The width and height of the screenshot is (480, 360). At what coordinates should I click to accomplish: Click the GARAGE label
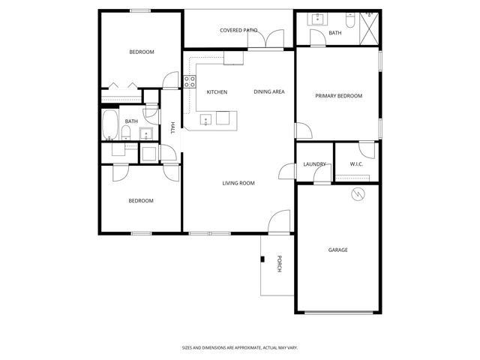click(337, 250)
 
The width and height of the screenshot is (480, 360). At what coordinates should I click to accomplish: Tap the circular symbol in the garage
click(358, 195)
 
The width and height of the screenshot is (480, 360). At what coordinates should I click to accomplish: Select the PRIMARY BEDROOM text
click(338, 96)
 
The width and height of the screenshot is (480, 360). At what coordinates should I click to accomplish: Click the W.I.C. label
click(356, 164)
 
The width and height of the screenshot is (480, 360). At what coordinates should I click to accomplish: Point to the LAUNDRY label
click(313, 164)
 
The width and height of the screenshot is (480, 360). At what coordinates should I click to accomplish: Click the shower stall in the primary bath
click(369, 28)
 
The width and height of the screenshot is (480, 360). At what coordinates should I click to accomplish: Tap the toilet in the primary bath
click(369, 15)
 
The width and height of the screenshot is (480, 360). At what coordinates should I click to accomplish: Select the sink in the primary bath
click(318, 19)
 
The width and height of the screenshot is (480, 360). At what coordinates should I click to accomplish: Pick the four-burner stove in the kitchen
click(190, 82)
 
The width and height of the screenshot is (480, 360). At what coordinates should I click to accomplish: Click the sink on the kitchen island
click(205, 118)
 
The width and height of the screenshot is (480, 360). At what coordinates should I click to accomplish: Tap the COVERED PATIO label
click(238, 31)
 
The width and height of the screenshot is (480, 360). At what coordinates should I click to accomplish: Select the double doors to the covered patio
click(266, 39)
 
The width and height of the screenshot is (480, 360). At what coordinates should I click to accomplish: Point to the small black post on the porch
click(262, 259)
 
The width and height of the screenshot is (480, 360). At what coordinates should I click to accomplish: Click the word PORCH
click(279, 264)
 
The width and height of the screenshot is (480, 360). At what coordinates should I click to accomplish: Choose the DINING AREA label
click(268, 92)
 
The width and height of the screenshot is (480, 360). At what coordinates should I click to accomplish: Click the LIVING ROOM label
click(238, 183)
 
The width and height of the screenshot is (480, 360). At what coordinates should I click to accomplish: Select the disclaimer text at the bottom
click(240, 348)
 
